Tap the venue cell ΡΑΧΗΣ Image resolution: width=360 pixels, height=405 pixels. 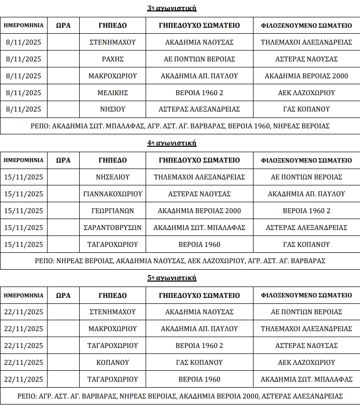(x=112, y=59)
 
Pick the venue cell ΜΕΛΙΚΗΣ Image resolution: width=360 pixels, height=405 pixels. (x=112, y=93)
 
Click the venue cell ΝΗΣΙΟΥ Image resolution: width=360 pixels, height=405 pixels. (x=112, y=110)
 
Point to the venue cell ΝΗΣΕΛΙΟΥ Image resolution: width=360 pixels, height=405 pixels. (x=112, y=177)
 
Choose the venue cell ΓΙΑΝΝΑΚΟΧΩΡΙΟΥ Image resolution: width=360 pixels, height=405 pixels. (x=112, y=194)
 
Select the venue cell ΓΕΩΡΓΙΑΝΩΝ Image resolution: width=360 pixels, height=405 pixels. (x=112, y=211)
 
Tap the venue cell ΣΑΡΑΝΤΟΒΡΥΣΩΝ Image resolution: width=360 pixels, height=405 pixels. (x=112, y=228)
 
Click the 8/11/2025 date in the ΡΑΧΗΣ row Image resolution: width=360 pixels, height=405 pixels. (x=24, y=59)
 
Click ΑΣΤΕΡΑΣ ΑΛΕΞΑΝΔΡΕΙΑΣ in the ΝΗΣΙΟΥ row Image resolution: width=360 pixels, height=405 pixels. (x=199, y=110)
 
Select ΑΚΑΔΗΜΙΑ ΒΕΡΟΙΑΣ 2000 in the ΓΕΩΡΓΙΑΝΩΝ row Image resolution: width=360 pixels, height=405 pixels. (x=199, y=211)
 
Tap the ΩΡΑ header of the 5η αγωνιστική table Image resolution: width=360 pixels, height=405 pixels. (x=63, y=295)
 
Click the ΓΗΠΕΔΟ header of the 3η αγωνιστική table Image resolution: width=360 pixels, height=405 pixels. (x=112, y=25)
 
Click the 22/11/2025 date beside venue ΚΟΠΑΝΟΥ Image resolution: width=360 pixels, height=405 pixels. (x=24, y=362)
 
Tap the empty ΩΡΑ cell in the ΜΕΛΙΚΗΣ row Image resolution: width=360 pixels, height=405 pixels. (x=63, y=93)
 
